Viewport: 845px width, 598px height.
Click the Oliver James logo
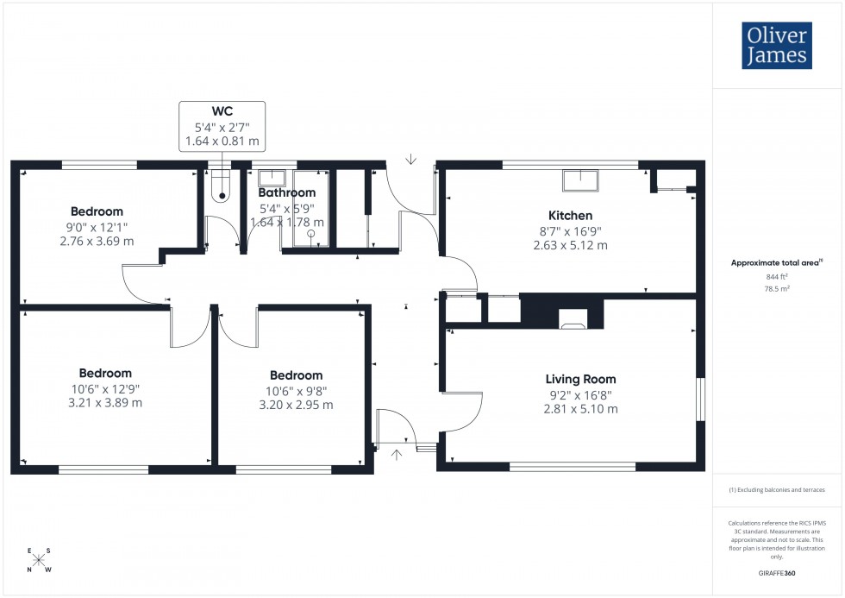pos(776,46)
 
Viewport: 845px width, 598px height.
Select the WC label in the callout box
pos(222,110)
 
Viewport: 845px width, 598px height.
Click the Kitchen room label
pos(570,216)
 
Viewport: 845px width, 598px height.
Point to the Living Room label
pos(580,379)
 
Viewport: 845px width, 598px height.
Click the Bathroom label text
pos(287,192)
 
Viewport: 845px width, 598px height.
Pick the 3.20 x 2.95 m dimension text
pos(296,405)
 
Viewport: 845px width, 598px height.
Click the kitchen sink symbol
pos(580,180)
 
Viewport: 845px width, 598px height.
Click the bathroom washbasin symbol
pos(273,178)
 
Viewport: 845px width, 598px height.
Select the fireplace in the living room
pos(573,319)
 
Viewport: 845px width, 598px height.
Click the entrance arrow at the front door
pos(397,454)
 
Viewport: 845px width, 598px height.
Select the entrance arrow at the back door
pos(411,159)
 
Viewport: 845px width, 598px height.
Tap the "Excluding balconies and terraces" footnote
pos(777,490)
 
